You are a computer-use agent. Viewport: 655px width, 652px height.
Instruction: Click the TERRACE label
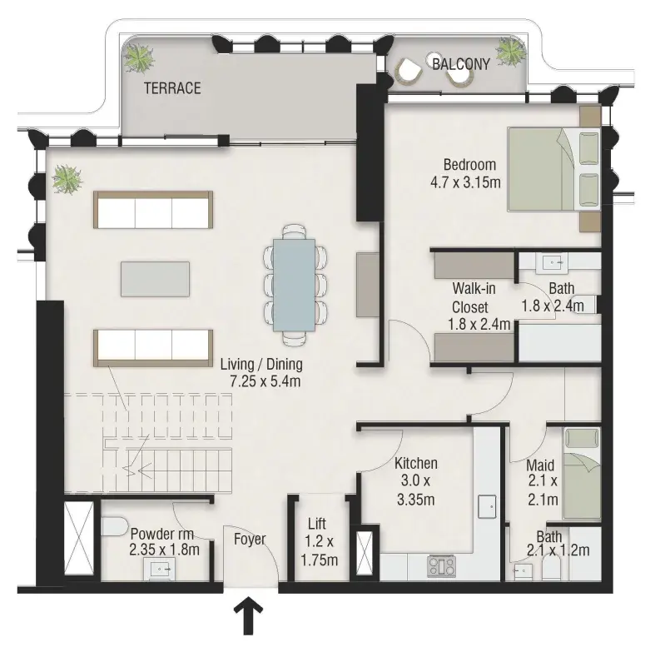click(x=172, y=88)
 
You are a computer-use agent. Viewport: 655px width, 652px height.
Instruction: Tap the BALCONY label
click(x=461, y=64)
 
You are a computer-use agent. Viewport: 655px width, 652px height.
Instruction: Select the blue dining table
click(x=294, y=285)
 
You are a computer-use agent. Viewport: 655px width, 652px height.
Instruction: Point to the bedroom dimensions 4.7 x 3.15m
click(x=465, y=182)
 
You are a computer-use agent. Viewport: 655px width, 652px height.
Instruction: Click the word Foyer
click(x=250, y=539)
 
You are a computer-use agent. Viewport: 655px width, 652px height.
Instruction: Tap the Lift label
click(x=316, y=523)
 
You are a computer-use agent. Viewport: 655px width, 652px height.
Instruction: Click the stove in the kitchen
click(x=442, y=566)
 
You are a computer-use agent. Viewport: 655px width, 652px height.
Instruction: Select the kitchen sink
click(x=487, y=506)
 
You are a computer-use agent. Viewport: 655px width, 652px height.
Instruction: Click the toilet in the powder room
click(x=114, y=526)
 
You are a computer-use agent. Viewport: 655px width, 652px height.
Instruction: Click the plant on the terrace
click(x=138, y=57)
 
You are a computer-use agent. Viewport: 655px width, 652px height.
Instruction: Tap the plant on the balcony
click(x=510, y=52)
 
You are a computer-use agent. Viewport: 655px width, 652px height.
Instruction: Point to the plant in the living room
click(x=67, y=179)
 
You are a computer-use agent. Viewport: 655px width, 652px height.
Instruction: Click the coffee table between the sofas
click(x=155, y=279)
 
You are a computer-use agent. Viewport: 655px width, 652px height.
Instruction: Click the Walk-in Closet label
click(x=474, y=297)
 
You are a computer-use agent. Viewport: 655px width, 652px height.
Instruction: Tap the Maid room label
click(x=539, y=465)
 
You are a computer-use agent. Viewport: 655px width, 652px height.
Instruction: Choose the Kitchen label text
click(x=416, y=463)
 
